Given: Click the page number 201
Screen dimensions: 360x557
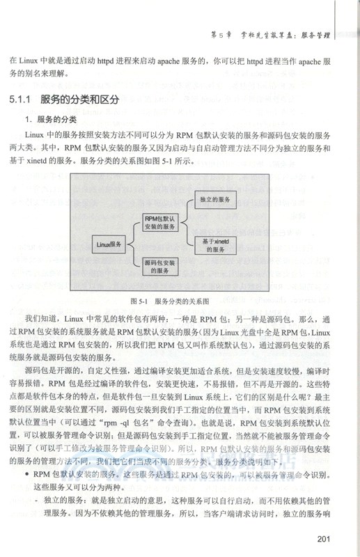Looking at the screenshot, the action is [x=327, y=537].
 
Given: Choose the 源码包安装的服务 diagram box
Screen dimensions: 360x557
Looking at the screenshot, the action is [x=161, y=268].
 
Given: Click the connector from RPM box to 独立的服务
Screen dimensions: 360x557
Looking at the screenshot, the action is [x=187, y=208].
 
